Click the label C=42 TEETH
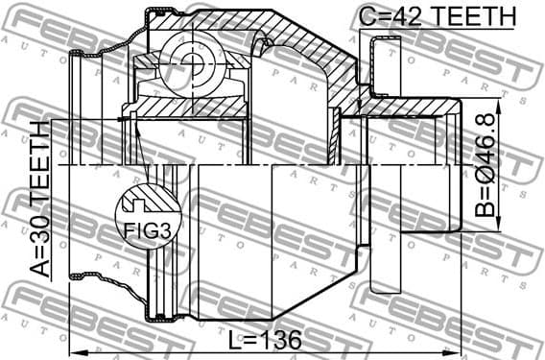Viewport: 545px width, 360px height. (438, 16)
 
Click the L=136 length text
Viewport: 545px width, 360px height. (263, 339)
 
